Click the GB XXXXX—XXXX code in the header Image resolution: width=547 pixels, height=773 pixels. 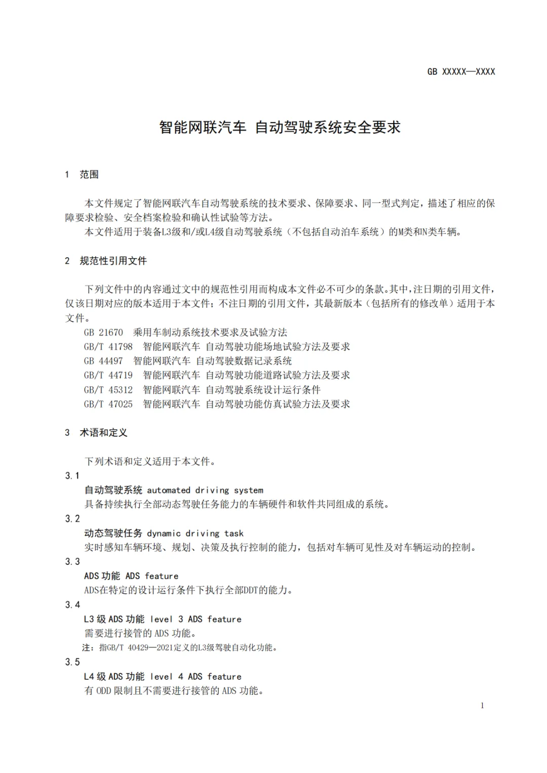461,72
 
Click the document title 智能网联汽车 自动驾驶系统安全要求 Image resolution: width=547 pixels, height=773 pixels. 280,127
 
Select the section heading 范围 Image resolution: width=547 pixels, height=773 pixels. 89,175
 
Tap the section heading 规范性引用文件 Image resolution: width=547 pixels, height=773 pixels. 113,261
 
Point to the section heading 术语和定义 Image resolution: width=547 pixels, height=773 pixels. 103,433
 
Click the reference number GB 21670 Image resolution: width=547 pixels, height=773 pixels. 103,333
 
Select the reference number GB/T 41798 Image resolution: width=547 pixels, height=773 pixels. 108,347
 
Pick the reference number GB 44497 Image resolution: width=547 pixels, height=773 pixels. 103,361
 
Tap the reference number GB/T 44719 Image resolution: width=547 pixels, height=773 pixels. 108,375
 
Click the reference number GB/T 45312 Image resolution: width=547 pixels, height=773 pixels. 108,390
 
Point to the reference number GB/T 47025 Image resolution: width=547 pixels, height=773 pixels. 108,404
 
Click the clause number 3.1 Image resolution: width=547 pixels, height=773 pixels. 72,476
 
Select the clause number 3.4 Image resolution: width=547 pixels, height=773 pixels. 72,605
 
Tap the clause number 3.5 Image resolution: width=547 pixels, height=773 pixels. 72,662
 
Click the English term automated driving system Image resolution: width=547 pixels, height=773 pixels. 205,491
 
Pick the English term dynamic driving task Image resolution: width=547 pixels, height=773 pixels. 195,534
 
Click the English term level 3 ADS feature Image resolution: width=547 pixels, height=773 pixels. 196,619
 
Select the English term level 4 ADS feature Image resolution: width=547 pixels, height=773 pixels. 196,677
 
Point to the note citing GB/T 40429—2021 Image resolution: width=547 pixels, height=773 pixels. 180,647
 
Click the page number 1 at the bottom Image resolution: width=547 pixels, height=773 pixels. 482,706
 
